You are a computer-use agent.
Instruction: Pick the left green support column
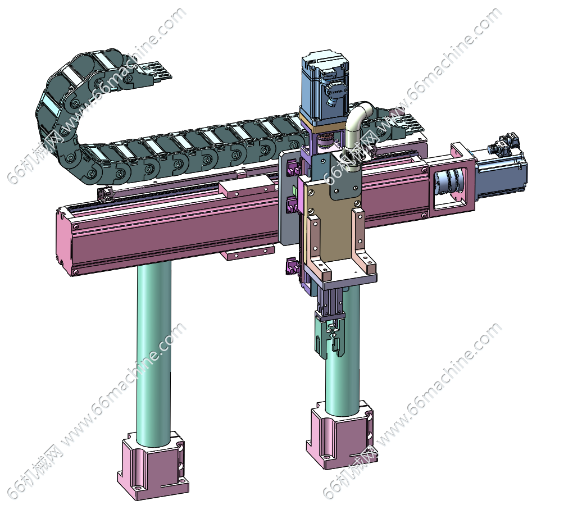coord(154,353)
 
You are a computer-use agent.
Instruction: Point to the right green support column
coord(342,363)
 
